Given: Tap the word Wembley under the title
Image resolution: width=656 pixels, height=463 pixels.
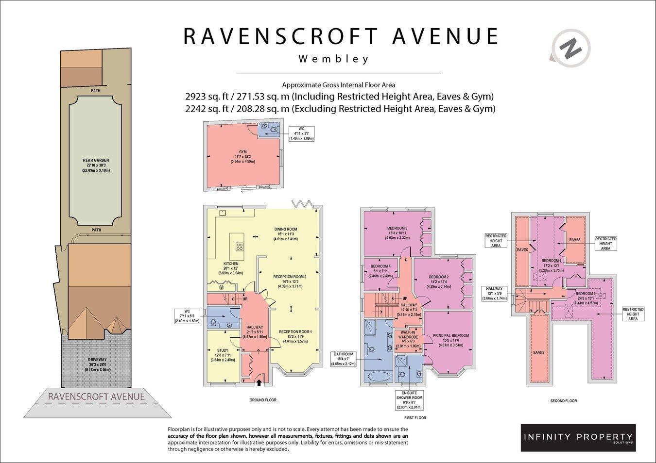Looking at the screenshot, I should point(333,60).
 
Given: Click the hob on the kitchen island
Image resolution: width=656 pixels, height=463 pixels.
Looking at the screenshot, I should point(240,246).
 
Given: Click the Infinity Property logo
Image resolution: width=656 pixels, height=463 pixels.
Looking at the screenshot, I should point(578,437).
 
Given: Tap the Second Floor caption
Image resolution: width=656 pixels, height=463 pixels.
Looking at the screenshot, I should point(563,401).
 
